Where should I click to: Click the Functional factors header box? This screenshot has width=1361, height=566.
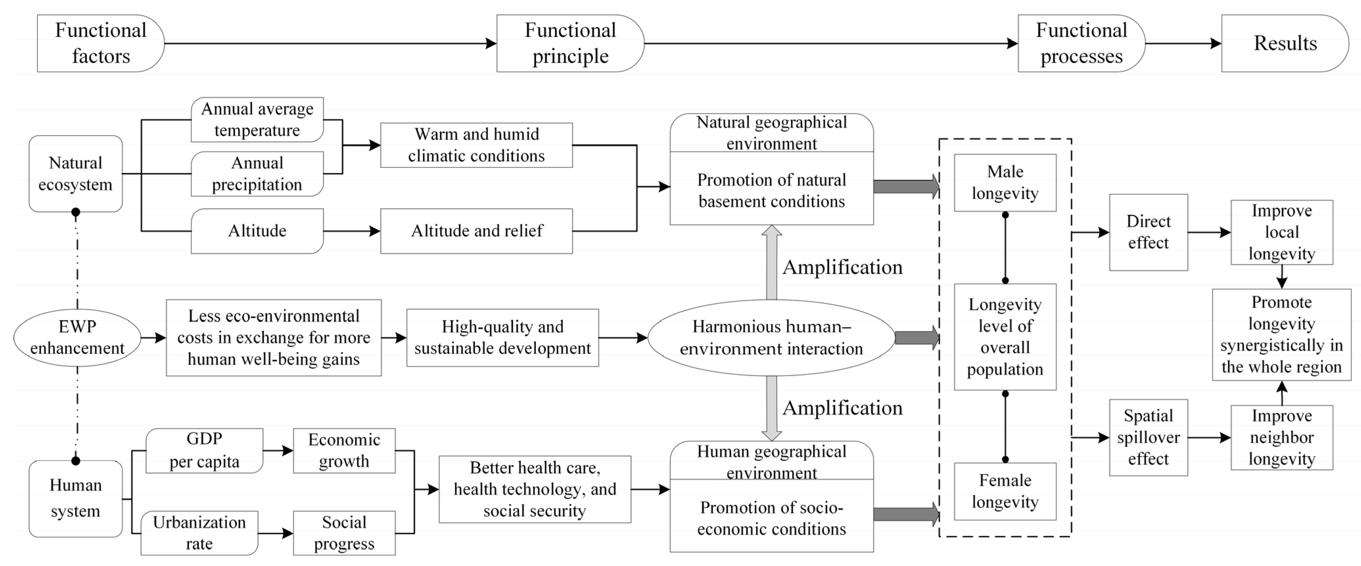101,43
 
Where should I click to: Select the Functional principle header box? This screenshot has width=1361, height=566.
570,43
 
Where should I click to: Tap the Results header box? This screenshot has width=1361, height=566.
1284,43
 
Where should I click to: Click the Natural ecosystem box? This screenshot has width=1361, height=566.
76,174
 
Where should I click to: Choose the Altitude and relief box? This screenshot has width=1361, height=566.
476,231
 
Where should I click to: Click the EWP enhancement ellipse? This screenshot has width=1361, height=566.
77,337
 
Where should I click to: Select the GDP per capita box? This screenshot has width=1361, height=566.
204,450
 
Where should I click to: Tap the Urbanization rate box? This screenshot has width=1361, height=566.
199,533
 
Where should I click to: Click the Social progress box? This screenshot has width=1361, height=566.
344,533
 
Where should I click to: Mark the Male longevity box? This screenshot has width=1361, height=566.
1005,183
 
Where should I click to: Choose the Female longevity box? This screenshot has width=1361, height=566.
1005,491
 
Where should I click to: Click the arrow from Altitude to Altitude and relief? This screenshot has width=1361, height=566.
351,231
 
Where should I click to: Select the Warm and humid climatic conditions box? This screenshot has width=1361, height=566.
476,145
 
